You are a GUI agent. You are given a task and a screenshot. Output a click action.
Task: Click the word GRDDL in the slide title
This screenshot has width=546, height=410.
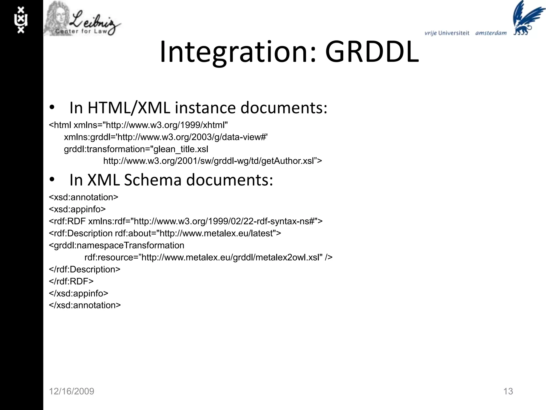(372, 52)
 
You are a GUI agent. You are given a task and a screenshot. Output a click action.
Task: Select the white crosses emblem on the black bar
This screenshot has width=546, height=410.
(21, 20)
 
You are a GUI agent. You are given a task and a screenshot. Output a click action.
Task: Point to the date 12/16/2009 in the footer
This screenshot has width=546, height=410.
(71, 391)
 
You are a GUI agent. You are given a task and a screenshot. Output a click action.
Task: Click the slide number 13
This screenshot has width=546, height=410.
(508, 391)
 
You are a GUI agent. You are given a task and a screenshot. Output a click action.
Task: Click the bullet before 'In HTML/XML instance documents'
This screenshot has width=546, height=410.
(52, 108)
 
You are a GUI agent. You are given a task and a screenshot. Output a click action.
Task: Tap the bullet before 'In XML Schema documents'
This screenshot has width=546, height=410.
(52, 180)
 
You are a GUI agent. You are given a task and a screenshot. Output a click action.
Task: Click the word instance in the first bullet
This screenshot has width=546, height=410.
(205, 108)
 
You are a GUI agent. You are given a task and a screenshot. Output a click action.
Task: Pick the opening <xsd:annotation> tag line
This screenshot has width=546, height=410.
(83, 197)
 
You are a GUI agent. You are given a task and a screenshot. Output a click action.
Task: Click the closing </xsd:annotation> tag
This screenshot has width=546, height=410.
(85, 305)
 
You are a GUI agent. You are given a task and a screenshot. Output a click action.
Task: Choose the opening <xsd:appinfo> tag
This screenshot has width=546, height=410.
(77, 209)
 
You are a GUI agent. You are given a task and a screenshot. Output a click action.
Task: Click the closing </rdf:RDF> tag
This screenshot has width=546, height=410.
(71, 281)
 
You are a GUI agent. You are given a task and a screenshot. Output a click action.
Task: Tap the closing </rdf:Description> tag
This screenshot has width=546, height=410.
(85, 269)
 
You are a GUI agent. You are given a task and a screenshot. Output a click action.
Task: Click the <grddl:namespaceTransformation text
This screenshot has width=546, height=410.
(117, 245)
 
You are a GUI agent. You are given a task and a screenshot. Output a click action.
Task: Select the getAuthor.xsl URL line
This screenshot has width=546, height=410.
(212, 161)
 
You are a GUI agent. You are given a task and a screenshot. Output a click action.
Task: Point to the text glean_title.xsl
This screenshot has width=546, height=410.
(181, 149)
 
